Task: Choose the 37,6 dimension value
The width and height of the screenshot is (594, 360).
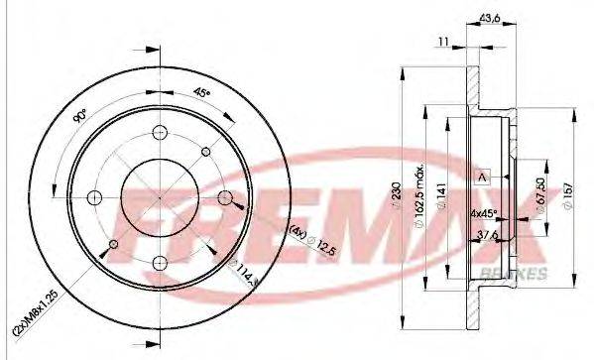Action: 489,235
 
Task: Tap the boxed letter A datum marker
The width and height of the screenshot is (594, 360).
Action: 483,176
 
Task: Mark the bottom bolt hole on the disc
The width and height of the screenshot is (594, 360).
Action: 160,262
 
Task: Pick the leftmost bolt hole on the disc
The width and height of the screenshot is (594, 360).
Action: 93,194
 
